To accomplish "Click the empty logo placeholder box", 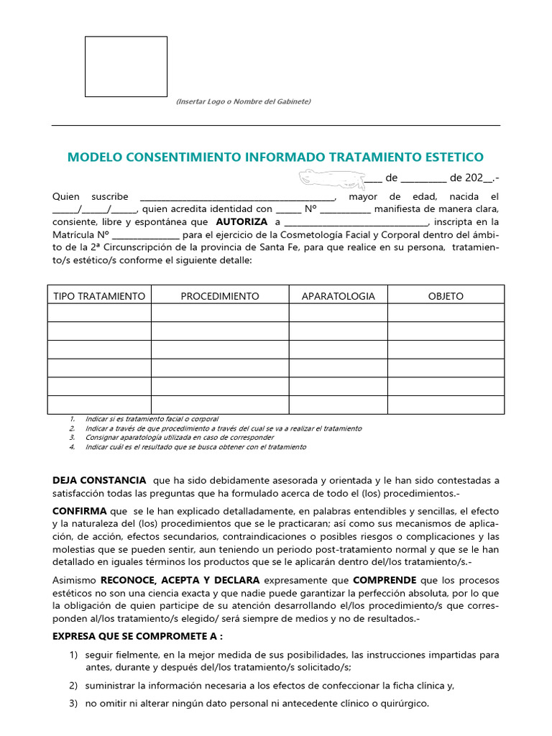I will (x=126, y=67).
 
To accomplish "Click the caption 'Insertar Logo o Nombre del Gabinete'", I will (x=244, y=101).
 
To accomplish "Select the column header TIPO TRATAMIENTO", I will (x=99, y=296).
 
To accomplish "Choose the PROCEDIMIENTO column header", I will (x=220, y=296).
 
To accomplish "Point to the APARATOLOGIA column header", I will (x=338, y=296).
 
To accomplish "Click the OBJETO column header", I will (x=446, y=296).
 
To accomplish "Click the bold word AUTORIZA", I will (x=241, y=222).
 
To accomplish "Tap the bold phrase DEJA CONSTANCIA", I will (x=99, y=480).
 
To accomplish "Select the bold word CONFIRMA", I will (x=80, y=511).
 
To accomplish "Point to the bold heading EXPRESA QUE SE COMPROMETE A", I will (x=137, y=636).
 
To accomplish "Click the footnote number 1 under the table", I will (x=73, y=419).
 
